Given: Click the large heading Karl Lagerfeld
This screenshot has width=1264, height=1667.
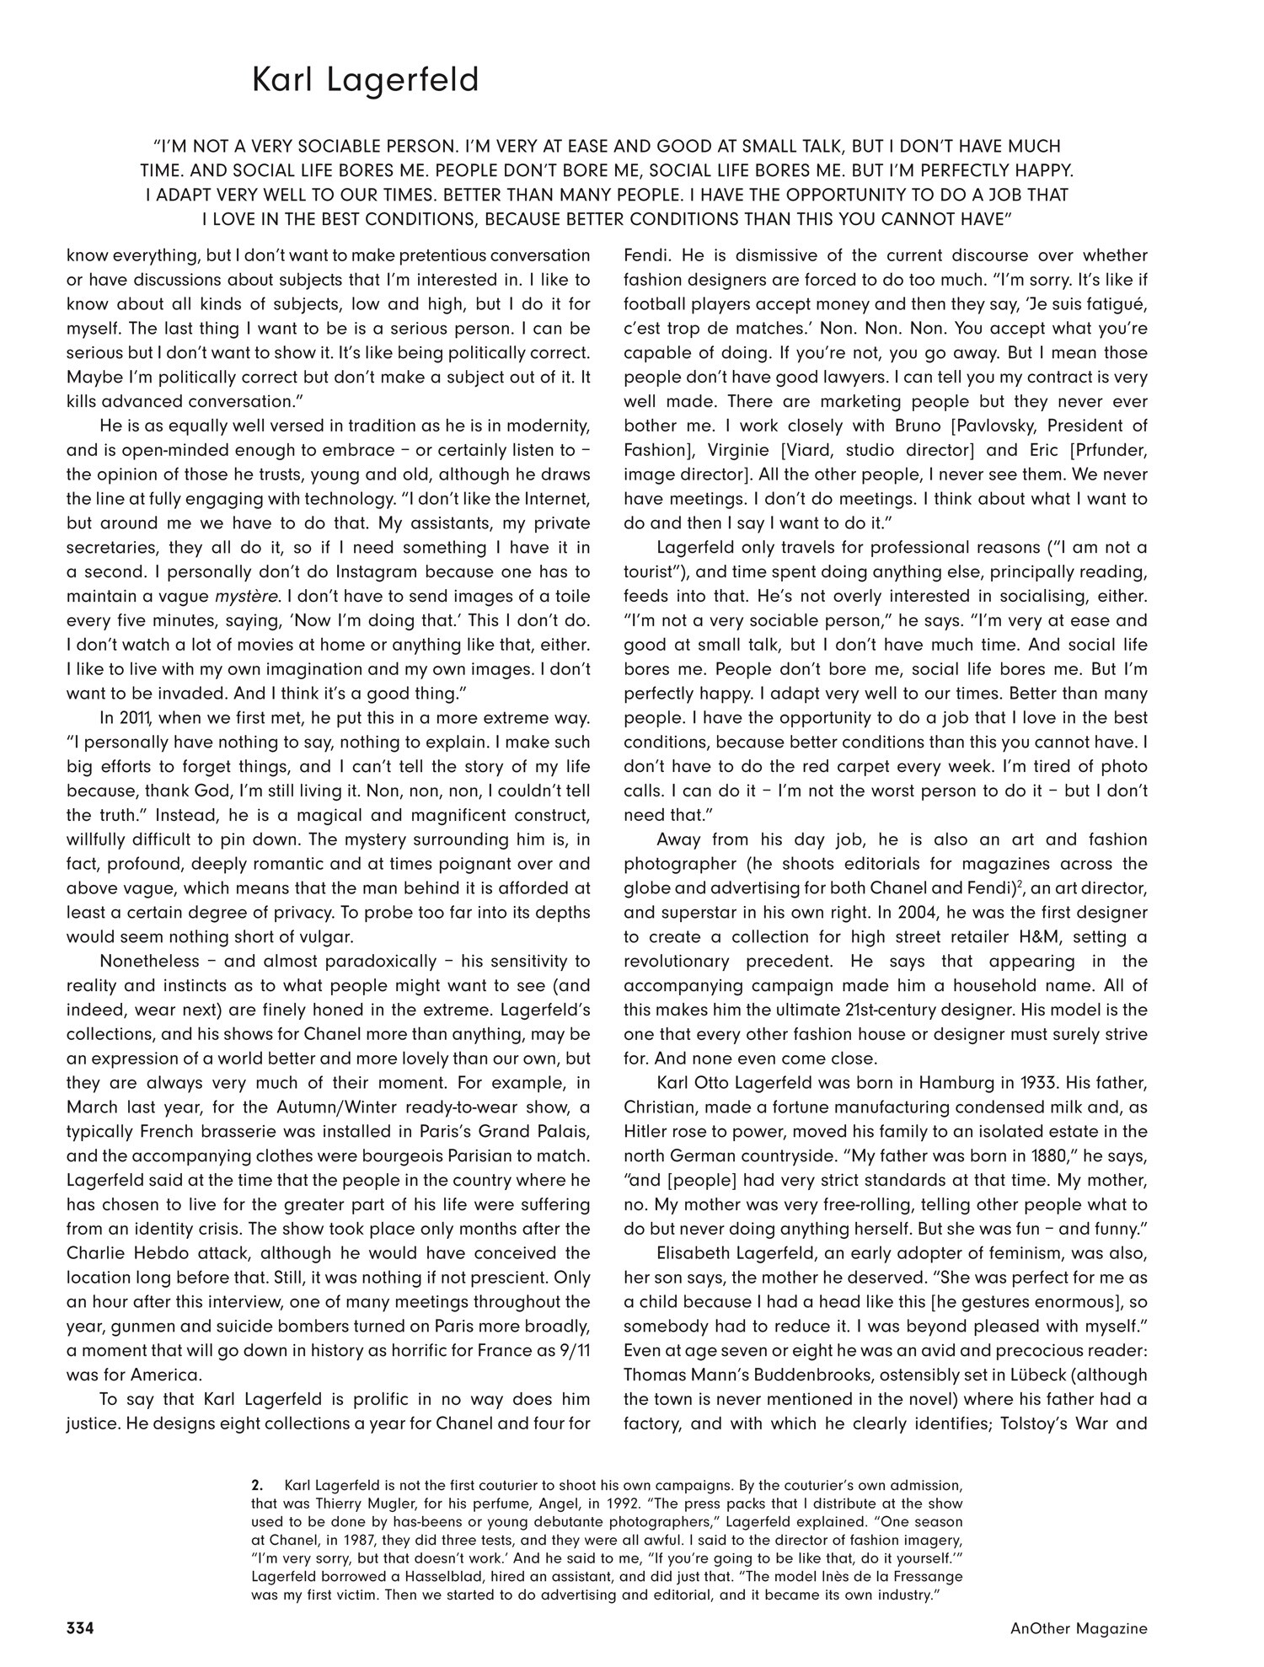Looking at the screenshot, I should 366,80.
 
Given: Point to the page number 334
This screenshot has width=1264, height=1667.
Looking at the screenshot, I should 79,1628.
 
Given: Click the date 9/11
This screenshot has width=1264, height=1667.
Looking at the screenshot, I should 552,1350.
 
